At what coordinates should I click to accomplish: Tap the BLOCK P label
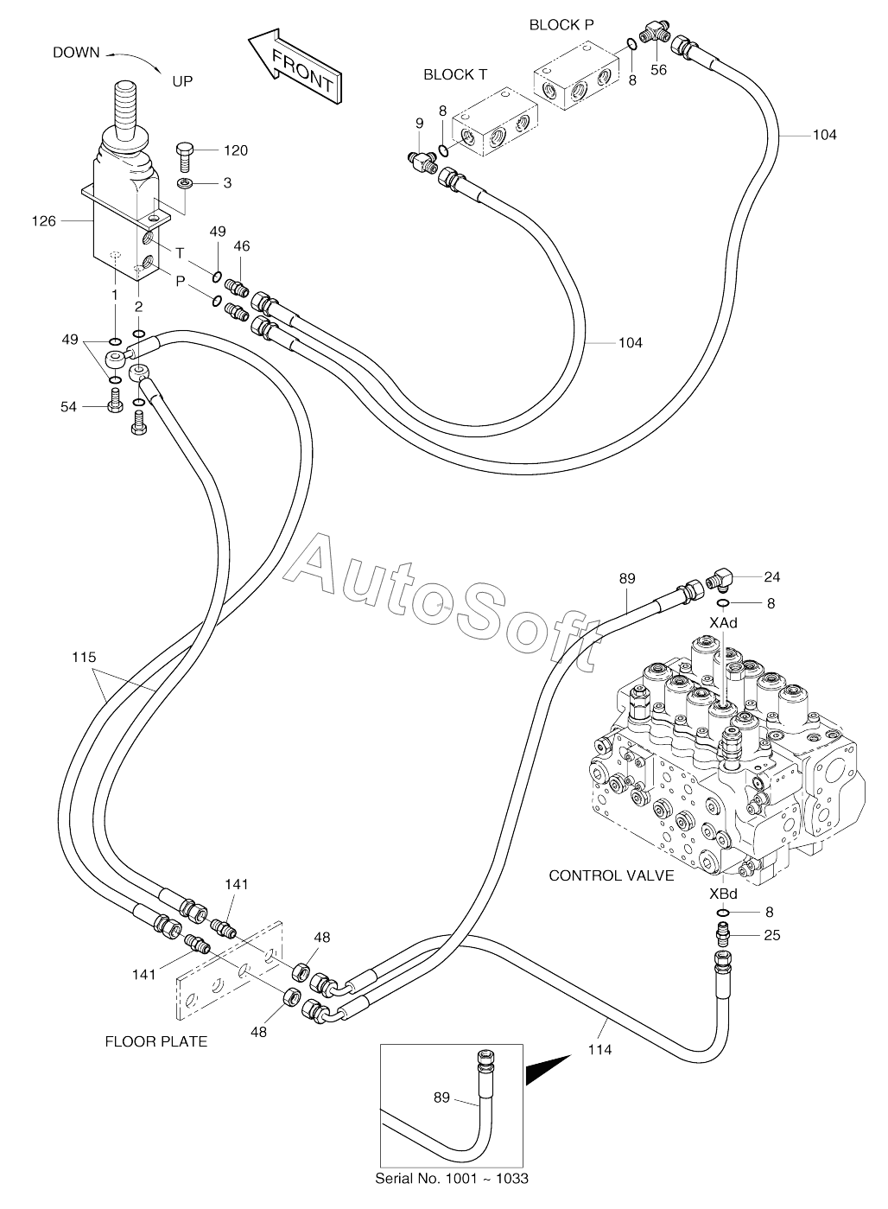(561, 25)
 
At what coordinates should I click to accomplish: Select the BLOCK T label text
(454, 75)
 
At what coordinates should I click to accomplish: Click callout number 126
(44, 220)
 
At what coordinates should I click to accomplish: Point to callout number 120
(236, 150)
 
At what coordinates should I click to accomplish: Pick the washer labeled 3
(185, 183)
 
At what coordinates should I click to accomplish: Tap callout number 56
(658, 70)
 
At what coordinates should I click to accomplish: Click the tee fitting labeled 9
(422, 161)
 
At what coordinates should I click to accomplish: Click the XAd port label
(723, 623)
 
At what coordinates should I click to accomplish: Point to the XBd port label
(723, 894)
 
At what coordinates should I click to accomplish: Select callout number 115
(84, 657)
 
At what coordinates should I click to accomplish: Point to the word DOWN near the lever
(76, 53)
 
